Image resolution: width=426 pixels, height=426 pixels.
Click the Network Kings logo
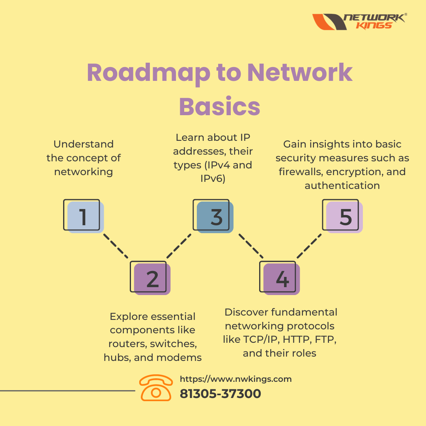[359, 21]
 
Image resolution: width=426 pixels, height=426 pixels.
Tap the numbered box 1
[83, 216]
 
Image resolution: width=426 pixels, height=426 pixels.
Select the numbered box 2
[150, 278]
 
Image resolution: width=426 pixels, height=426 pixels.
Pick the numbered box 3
[213, 216]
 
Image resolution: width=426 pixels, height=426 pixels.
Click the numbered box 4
[280, 278]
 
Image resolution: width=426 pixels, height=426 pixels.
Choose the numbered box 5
[342, 216]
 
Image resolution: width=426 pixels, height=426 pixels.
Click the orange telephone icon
[156, 388]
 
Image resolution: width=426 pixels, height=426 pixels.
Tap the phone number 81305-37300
[220, 394]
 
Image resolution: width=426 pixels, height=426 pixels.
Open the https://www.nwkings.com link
[235, 379]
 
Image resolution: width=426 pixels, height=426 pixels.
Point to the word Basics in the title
[220, 106]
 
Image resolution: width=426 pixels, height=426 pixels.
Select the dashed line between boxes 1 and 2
[116, 246]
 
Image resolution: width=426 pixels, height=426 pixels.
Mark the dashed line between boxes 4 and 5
[309, 246]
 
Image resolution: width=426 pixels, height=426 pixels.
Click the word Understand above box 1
[83, 144]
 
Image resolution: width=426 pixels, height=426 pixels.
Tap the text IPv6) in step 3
[213, 179]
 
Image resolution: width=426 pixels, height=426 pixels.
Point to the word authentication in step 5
[342, 185]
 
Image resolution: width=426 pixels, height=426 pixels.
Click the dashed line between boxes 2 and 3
[179, 246]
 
